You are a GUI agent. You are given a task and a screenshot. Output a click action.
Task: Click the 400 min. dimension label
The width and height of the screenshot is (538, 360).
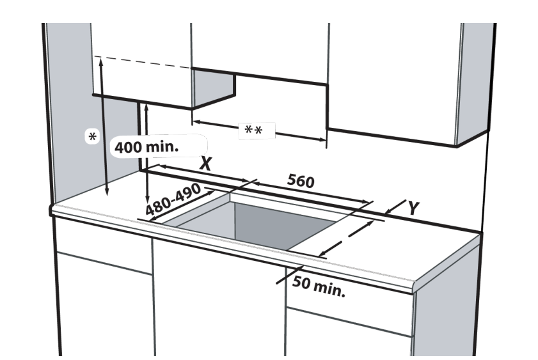coord(146,147)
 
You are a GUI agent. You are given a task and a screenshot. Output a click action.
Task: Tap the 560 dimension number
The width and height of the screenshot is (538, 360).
coord(301,181)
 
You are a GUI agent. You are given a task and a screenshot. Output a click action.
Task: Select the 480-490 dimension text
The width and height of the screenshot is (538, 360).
coord(173,199)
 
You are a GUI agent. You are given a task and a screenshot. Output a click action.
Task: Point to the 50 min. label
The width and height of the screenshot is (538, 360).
coord(319,286)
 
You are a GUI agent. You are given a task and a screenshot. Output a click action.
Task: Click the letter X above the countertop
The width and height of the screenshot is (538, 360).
coord(206,164)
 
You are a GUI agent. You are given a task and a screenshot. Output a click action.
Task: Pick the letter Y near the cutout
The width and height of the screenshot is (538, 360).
coord(413,208)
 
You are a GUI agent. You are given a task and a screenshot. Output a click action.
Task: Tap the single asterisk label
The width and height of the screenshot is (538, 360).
coord(92,137)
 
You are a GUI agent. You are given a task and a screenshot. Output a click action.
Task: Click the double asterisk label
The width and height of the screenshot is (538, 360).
coord(253,130)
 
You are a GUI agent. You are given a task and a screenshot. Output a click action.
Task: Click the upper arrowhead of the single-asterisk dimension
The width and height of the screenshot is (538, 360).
coord(101,61)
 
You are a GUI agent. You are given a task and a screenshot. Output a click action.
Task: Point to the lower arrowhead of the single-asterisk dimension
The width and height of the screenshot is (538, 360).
coord(107,192)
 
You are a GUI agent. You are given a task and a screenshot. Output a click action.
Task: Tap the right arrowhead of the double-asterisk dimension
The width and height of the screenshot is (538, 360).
coord(322,139)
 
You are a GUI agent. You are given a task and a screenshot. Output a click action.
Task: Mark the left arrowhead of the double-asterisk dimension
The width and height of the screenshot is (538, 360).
coord(196,121)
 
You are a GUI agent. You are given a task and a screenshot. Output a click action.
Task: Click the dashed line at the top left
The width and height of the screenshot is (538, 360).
coord(143,62)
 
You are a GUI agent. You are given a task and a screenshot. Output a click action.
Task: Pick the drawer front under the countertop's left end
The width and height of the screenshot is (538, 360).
coord(104,246)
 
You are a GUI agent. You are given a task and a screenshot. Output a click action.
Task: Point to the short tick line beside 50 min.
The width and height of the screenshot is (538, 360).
coord(290,274)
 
